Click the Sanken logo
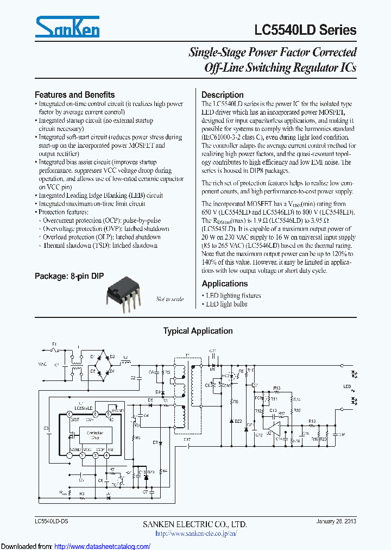click(67, 26)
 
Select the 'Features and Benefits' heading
click(74, 95)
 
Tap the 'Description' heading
click(223, 95)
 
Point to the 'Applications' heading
click(224, 284)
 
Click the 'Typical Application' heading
click(198, 331)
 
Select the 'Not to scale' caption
click(169, 299)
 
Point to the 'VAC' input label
click(42, 364)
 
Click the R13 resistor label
click(276, 388)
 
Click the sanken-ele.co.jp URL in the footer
click(195, 534)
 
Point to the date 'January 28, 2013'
click(336, 522)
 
